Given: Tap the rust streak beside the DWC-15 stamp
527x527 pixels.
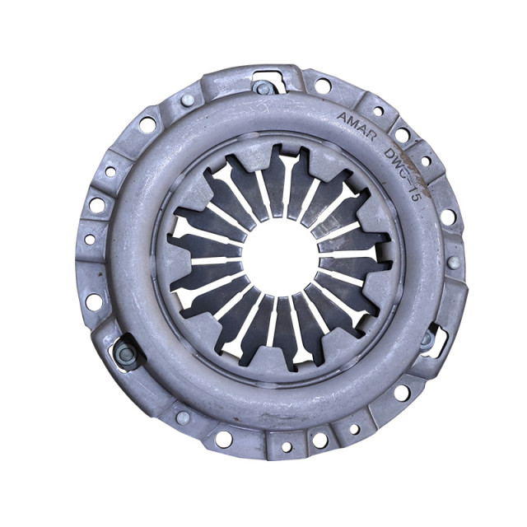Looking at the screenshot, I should coord(417,169).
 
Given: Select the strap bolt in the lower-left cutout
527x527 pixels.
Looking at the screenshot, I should coord(125,354).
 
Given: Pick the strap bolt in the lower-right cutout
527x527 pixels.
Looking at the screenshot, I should coord(427,338).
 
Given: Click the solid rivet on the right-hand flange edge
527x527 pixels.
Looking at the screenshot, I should coord(454,263).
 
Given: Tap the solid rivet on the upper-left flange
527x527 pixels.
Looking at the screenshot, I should coord(188,100).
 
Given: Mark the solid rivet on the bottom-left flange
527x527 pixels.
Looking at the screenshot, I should coord(182,417).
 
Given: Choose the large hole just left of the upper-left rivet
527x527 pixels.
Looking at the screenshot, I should coord(147,124).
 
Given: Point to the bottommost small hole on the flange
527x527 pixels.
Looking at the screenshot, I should coord(287,447).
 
